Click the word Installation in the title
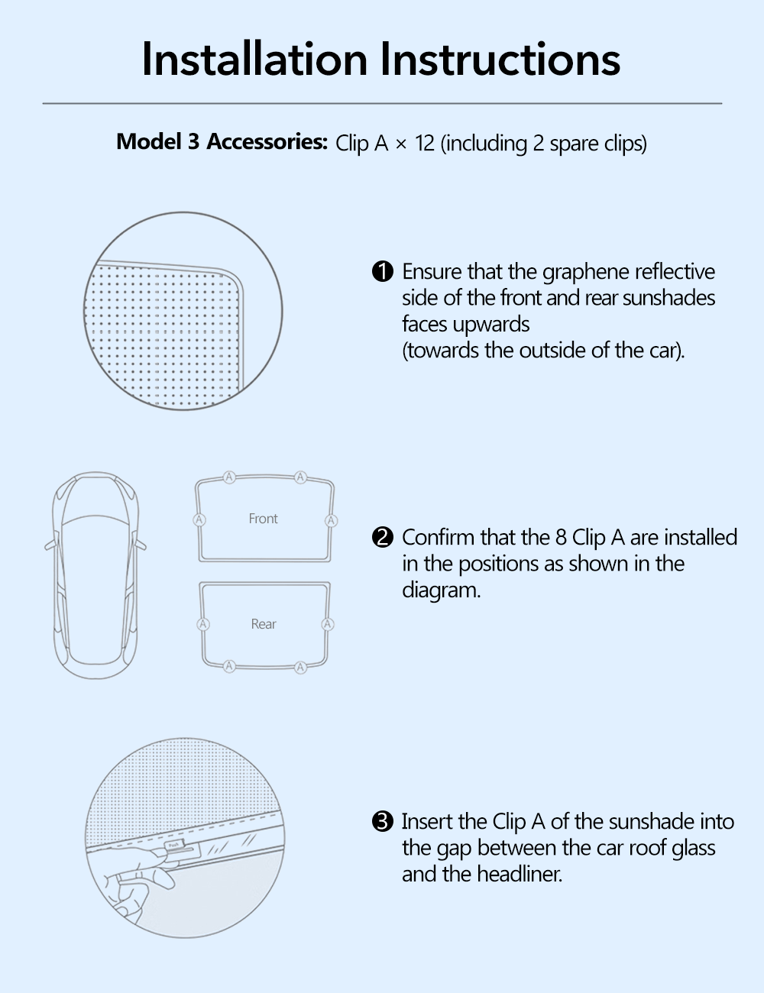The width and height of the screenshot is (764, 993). tap(254, 60)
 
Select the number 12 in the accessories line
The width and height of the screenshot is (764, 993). tap(425, 144)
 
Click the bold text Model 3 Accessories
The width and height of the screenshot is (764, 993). tap(222, 142)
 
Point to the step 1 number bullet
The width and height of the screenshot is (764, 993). tap(382, 272)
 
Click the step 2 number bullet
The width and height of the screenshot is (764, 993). tap(382, 538)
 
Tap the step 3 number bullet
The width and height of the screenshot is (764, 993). tap(382, 822)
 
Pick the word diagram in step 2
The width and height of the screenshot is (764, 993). tap(441, 590)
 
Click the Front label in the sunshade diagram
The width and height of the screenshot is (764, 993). tap(264, 519)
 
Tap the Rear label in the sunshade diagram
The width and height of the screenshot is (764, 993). tap(264, 624)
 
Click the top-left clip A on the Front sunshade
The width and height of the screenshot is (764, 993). tap(229, 477)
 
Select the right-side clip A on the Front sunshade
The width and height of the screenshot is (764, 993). tap(331, 520)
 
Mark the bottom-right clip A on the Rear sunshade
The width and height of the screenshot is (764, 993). tap(300, 667)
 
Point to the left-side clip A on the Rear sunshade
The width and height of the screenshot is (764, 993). tap(203, 624)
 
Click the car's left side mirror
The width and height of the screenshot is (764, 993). tap(50, 545)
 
